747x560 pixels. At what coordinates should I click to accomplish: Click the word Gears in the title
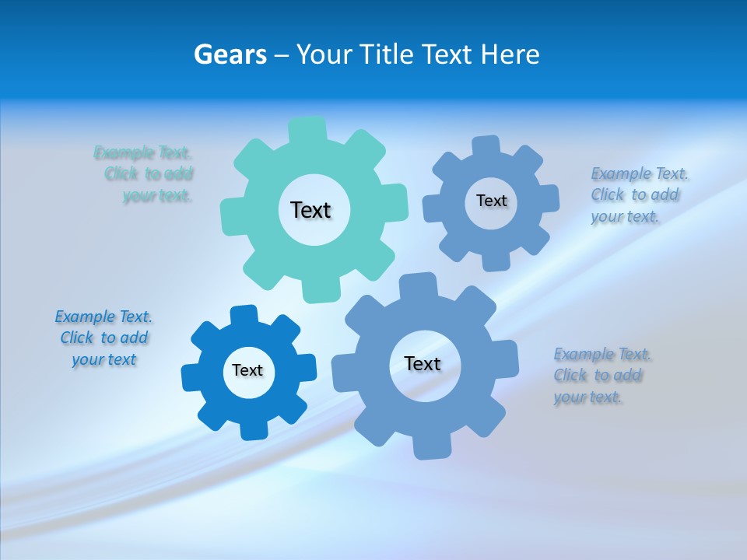[x=230, y=54]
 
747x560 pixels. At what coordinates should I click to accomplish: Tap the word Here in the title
[x=510, y=54]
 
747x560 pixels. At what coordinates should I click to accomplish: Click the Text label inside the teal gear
[x=310, y=210]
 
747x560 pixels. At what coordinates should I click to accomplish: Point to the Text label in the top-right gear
[x=491, y=201]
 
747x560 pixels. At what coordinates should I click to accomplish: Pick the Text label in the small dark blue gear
[x=247, y=370]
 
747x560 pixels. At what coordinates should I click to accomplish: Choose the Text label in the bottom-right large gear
[x=423, y=363]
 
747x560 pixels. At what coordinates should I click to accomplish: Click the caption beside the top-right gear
[x=638, y=194]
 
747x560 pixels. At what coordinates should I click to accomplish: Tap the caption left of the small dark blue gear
[x=103, y=338]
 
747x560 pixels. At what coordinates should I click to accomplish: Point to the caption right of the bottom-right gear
[x=601, y=376]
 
